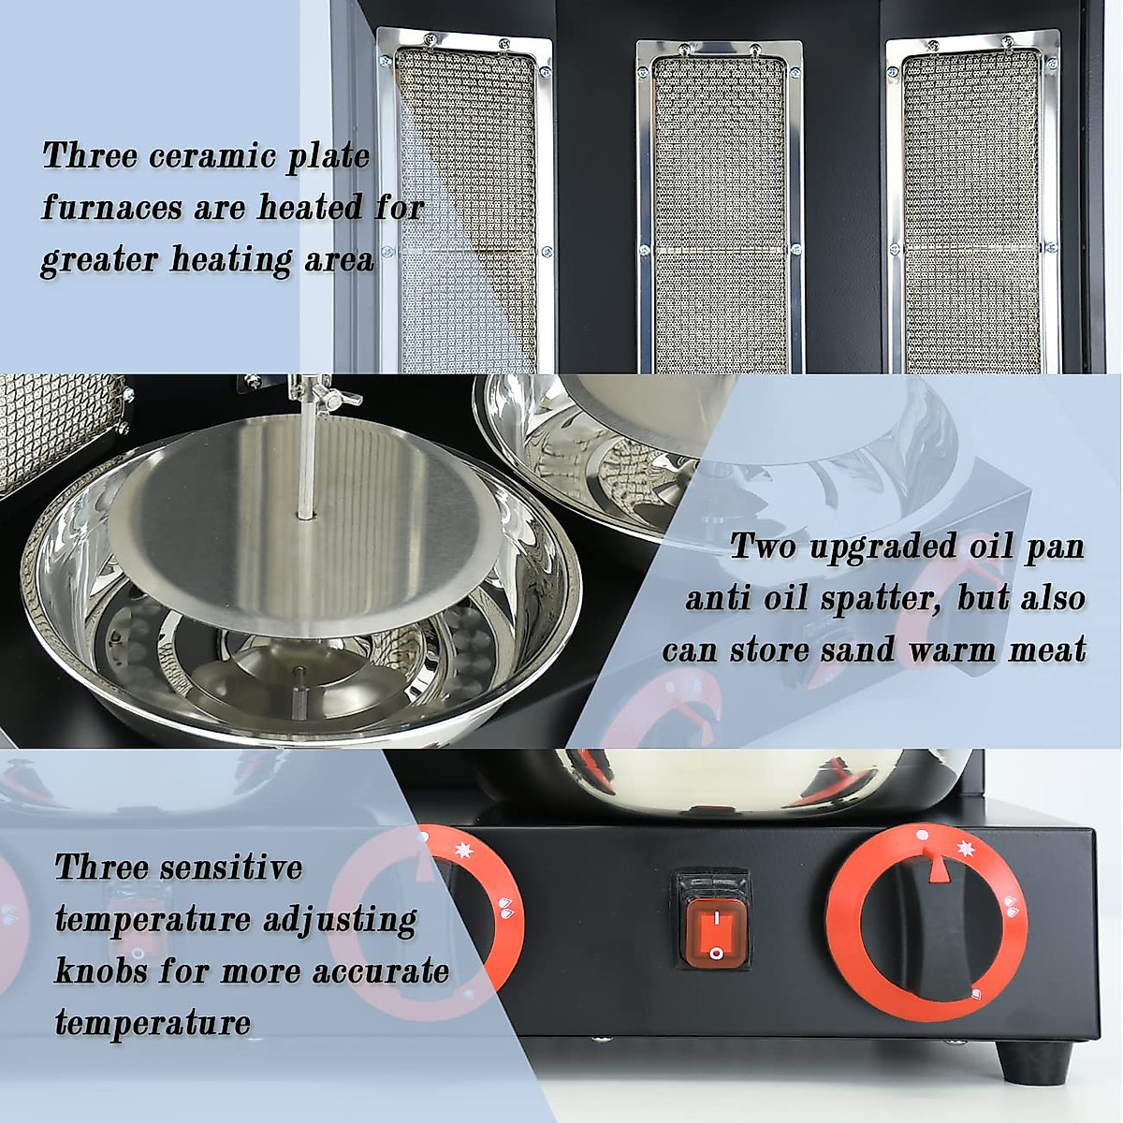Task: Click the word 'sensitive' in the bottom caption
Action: pyautogui.click(x=230, y=868)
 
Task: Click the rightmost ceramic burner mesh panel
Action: pyautogui.click(x=971, y=211)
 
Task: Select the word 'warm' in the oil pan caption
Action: pyautogui.click(x=949, y=649)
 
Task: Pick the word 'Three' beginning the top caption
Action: pyautogui.click(x=89, y=156)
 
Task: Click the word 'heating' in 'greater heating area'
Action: pyautogui.click(x=231, y=259)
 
